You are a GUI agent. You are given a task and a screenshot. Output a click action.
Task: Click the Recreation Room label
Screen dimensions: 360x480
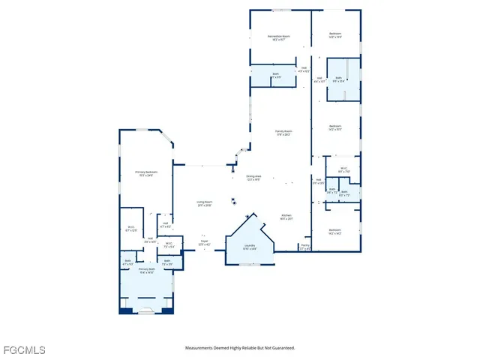278,36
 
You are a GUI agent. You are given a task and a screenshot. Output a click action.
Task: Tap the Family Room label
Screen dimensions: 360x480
283,132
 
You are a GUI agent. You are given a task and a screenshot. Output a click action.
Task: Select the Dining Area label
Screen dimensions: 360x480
253,176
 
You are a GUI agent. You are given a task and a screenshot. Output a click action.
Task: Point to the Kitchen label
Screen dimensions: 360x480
286,215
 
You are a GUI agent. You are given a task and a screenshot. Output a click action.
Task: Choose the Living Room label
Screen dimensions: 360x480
204,202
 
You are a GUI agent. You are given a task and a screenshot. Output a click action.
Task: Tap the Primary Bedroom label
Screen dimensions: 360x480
146,172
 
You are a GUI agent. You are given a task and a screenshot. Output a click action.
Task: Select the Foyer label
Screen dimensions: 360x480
203,242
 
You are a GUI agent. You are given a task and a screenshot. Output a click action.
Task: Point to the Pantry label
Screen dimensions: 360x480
305,245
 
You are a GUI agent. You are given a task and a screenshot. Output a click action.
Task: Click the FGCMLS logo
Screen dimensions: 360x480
24,350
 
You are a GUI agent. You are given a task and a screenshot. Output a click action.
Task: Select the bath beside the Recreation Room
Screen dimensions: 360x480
276,75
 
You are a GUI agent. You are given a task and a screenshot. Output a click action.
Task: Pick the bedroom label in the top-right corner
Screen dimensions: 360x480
335,34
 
